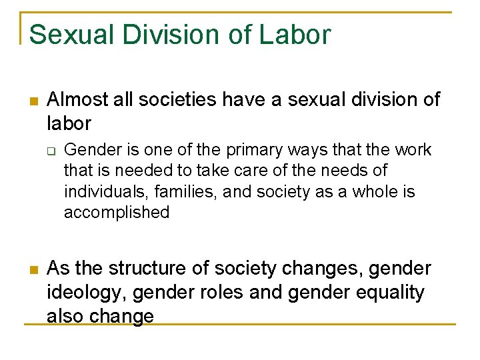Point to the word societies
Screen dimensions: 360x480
181,100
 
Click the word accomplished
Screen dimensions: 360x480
116,213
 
